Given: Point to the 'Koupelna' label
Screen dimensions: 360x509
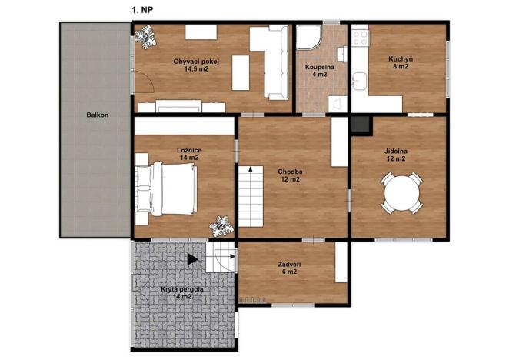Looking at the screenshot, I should pos(318,67).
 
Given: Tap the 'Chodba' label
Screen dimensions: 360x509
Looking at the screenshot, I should pos(291,171).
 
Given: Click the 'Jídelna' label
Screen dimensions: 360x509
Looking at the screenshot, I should pos(397,151).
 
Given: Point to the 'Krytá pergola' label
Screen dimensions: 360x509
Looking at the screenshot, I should pos(181,288).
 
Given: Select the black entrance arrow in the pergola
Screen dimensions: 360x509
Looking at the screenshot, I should pos(192,260).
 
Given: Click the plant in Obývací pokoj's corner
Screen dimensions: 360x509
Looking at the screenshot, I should pos(146,37).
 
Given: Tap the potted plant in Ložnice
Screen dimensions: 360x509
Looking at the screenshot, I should pos(222,225).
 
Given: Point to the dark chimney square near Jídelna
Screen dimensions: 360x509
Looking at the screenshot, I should pos(360,123).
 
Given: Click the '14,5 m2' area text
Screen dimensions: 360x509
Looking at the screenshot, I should pos(196,68).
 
